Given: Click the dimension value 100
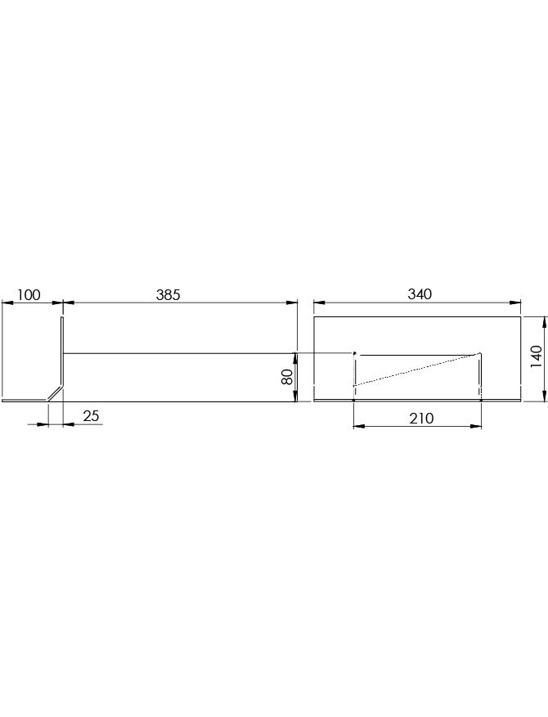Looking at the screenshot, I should tap(29, 294).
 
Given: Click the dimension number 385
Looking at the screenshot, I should tap(168, 294).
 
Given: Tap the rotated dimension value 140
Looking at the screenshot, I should tap(536, 356).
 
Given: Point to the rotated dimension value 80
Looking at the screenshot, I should tap(286, 377).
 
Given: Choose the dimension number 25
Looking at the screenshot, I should tap(92, 416).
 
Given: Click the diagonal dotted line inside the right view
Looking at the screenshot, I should tap(417, 370).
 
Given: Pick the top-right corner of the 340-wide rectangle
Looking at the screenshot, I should tap(520, 316).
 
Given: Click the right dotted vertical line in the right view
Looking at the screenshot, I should tap(480, 376).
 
